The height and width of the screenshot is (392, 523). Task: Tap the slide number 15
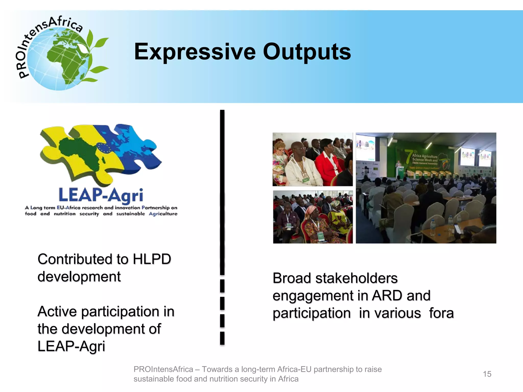(x=487, y=374)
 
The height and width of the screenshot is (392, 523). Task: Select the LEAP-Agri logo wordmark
(x=101, y=195)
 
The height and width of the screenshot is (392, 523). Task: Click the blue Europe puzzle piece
(x=130, y=148)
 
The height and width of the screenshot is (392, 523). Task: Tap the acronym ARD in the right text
(x=387, y=296)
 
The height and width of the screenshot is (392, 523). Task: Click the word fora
(x=441, y=313)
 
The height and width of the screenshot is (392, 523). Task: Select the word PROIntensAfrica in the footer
(x=163, y=369)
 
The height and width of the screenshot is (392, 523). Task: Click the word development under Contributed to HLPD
(x=79, y=277)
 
